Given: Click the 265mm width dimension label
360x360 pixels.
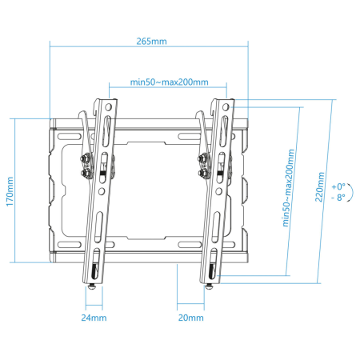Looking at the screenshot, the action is pos(151,42).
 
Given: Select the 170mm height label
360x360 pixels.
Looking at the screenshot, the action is pos(10,191).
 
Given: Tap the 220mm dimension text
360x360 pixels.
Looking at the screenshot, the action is pos(320,187).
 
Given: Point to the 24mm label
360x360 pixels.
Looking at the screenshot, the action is pos(94,318).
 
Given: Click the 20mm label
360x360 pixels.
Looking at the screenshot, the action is pos(191,318).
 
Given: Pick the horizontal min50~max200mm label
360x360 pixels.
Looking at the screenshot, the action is pos(169,82).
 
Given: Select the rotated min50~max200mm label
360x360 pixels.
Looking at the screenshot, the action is pos(289,188).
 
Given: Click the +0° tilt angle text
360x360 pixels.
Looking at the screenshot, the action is pos(338,186).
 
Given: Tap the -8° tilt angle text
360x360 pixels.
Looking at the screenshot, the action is pos(338,198).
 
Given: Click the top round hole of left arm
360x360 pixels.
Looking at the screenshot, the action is pos(108,107).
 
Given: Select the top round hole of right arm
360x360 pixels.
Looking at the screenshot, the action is pos(226,107).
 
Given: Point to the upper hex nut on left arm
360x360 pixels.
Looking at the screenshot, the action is pos(85,159).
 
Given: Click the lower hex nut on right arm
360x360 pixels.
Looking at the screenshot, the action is pos(202,173).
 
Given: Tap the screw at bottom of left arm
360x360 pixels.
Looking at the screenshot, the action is pos(92,286).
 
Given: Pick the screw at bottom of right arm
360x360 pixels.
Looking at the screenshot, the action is pos(210,287).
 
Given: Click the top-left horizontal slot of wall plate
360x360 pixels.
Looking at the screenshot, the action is pos(70,137).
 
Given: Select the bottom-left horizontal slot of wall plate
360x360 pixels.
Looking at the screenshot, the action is pos(70,245).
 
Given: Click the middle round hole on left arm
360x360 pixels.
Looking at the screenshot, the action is pos(102,191).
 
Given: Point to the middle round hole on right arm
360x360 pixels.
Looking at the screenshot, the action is pos(218,191).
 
